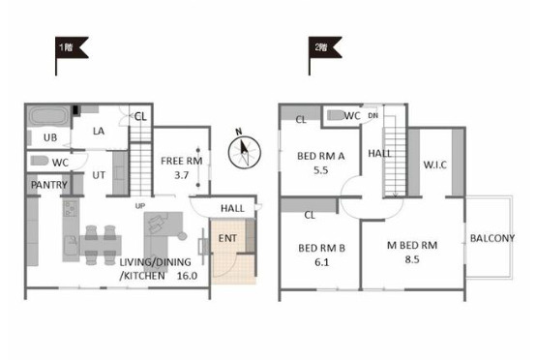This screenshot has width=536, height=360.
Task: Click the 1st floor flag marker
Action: [x=71, y=47]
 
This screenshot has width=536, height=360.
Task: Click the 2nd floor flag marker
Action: [x=324, y=47]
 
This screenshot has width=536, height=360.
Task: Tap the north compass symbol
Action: [x=244, y=150]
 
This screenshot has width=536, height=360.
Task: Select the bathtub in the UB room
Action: [x=48, y=116]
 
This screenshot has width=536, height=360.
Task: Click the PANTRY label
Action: [x=49, y=185]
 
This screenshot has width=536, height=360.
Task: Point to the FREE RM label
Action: [x=182, y=161]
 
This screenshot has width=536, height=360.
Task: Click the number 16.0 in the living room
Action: [x=187, y=276]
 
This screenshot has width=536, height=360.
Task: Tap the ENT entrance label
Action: [x=227, y=238]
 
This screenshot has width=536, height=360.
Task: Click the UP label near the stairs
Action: [x=140, y=206]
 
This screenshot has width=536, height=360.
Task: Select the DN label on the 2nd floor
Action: [x=372, y=115]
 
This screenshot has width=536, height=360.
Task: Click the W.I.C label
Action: [x=434, y=165]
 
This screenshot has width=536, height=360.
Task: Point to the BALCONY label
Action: [x=492, y=238]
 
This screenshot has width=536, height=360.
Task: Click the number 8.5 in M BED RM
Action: [x=412, y=259]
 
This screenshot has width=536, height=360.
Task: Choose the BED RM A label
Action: [x=320, y=156]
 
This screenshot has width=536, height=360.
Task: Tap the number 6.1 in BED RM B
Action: [x=321, y=262]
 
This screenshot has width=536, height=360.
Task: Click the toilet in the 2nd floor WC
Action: [x=336, y=115]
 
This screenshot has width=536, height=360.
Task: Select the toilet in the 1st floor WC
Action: [x=40, y=161]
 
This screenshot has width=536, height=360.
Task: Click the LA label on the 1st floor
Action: [x=99, y=131]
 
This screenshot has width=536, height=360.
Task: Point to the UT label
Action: [x=99, y=175]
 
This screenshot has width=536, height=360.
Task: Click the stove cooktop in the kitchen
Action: [x=71, y=208]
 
